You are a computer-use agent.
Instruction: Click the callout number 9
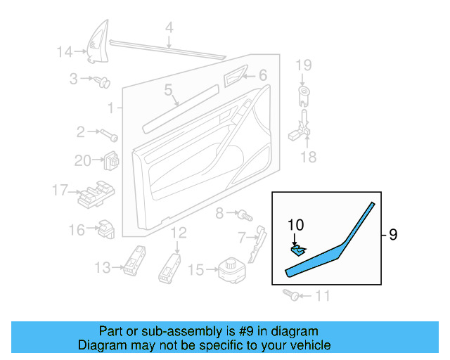click(x=392, y=235)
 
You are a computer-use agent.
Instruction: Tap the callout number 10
click(x=295, y=226)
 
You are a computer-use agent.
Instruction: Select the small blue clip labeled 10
click(x=299, y=248)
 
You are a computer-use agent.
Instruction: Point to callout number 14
click(x=65, y=51)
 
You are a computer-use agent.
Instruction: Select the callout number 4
click(x=169, y=28)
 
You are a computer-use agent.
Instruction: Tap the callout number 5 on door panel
click(x=168, y=89)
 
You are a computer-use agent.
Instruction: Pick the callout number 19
click(x=302, y=66)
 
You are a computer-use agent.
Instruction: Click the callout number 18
click(x=309, y=157)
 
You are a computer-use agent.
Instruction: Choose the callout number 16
click(x=76, y=229)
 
